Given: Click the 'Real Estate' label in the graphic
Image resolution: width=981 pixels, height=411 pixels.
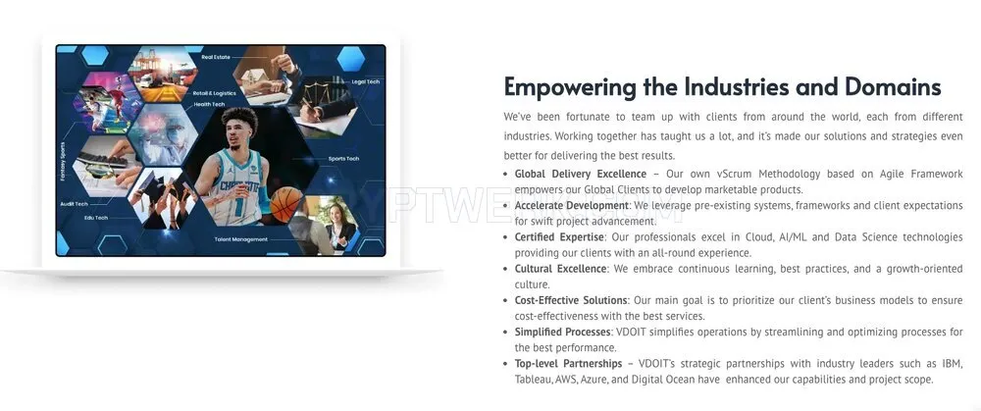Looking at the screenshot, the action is (x=216, y=57).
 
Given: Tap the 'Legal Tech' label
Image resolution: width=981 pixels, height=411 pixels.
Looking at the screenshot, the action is (x=365, y=81).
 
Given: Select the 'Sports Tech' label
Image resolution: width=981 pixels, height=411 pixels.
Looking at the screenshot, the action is (x=343, y=159).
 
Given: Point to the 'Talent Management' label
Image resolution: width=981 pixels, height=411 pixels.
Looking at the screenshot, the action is (x=241, y=239).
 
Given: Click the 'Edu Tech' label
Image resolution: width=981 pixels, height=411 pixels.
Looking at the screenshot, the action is (x=96, y=218).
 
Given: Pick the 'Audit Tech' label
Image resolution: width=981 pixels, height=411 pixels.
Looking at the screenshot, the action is (x=74, y=204).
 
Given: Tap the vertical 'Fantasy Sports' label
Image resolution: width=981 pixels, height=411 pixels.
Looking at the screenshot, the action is (x=63, y=162).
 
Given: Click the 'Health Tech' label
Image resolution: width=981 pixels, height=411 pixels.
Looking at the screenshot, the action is (x=209, y=105).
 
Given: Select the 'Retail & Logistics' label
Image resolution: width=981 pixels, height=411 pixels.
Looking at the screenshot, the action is (x=215, y=93).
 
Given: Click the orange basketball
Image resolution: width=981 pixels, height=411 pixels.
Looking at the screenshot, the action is (x=285, y=205).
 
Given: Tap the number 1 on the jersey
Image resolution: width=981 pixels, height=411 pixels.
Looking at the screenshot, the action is (x=236, y=204).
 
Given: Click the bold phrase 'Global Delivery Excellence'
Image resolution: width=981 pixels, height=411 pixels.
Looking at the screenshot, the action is (x=581, y=174).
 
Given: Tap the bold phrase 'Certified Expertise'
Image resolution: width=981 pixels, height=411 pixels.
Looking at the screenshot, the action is (x=559, y=237).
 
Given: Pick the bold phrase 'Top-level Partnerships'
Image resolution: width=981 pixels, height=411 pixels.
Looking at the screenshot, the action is (x=568, y=364).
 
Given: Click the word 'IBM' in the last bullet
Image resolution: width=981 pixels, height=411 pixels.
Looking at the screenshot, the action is (x=953, y=364).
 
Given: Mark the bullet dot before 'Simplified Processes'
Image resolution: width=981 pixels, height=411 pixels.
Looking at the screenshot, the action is (x=507, y=333).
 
